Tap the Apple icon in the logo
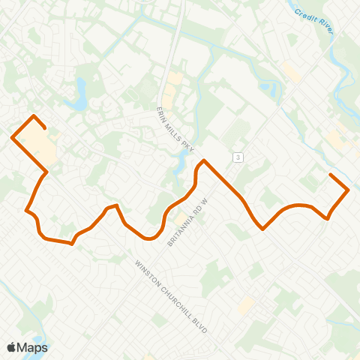[x=12, y=347]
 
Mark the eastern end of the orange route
[x=331, y=175]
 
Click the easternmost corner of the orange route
[x=349, y=190]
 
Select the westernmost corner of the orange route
[x=12, y=137]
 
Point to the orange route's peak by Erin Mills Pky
[x=203, y=160]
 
